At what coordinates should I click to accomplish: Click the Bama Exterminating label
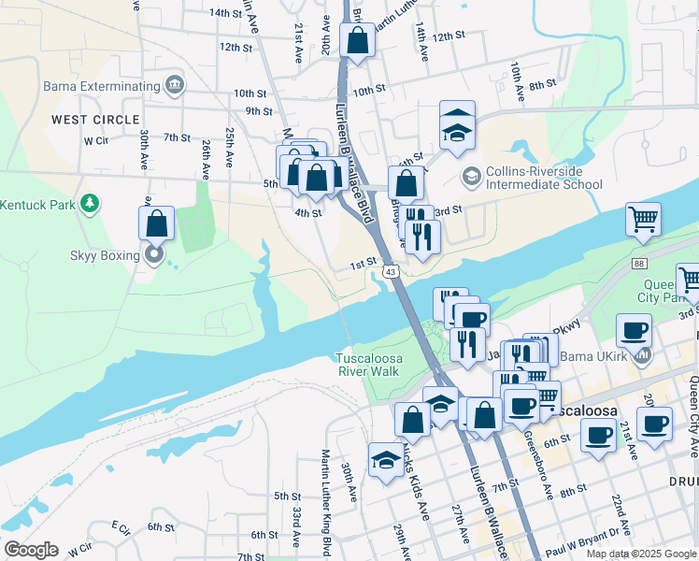click(101, 87)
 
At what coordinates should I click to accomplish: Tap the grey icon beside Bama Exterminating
click(175, 87)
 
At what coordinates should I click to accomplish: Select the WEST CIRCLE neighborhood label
click(95, 120)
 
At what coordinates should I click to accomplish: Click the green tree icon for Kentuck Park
click(89, 203)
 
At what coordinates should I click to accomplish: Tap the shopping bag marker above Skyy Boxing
click(156, 223)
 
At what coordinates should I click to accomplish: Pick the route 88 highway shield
click(637, 265)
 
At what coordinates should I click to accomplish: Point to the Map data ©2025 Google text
click(641, 554)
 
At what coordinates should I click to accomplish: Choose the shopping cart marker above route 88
click(643, 221)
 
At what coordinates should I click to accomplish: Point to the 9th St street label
click(258, 111)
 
